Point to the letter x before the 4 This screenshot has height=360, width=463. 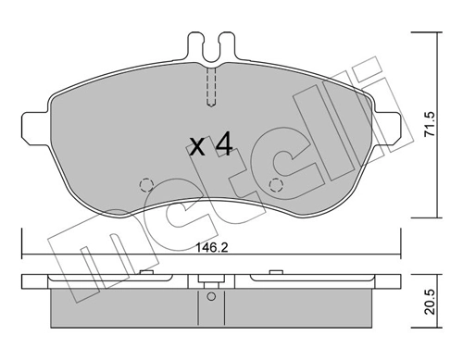[195, 147]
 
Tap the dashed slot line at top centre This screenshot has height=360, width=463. [210, 88]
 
